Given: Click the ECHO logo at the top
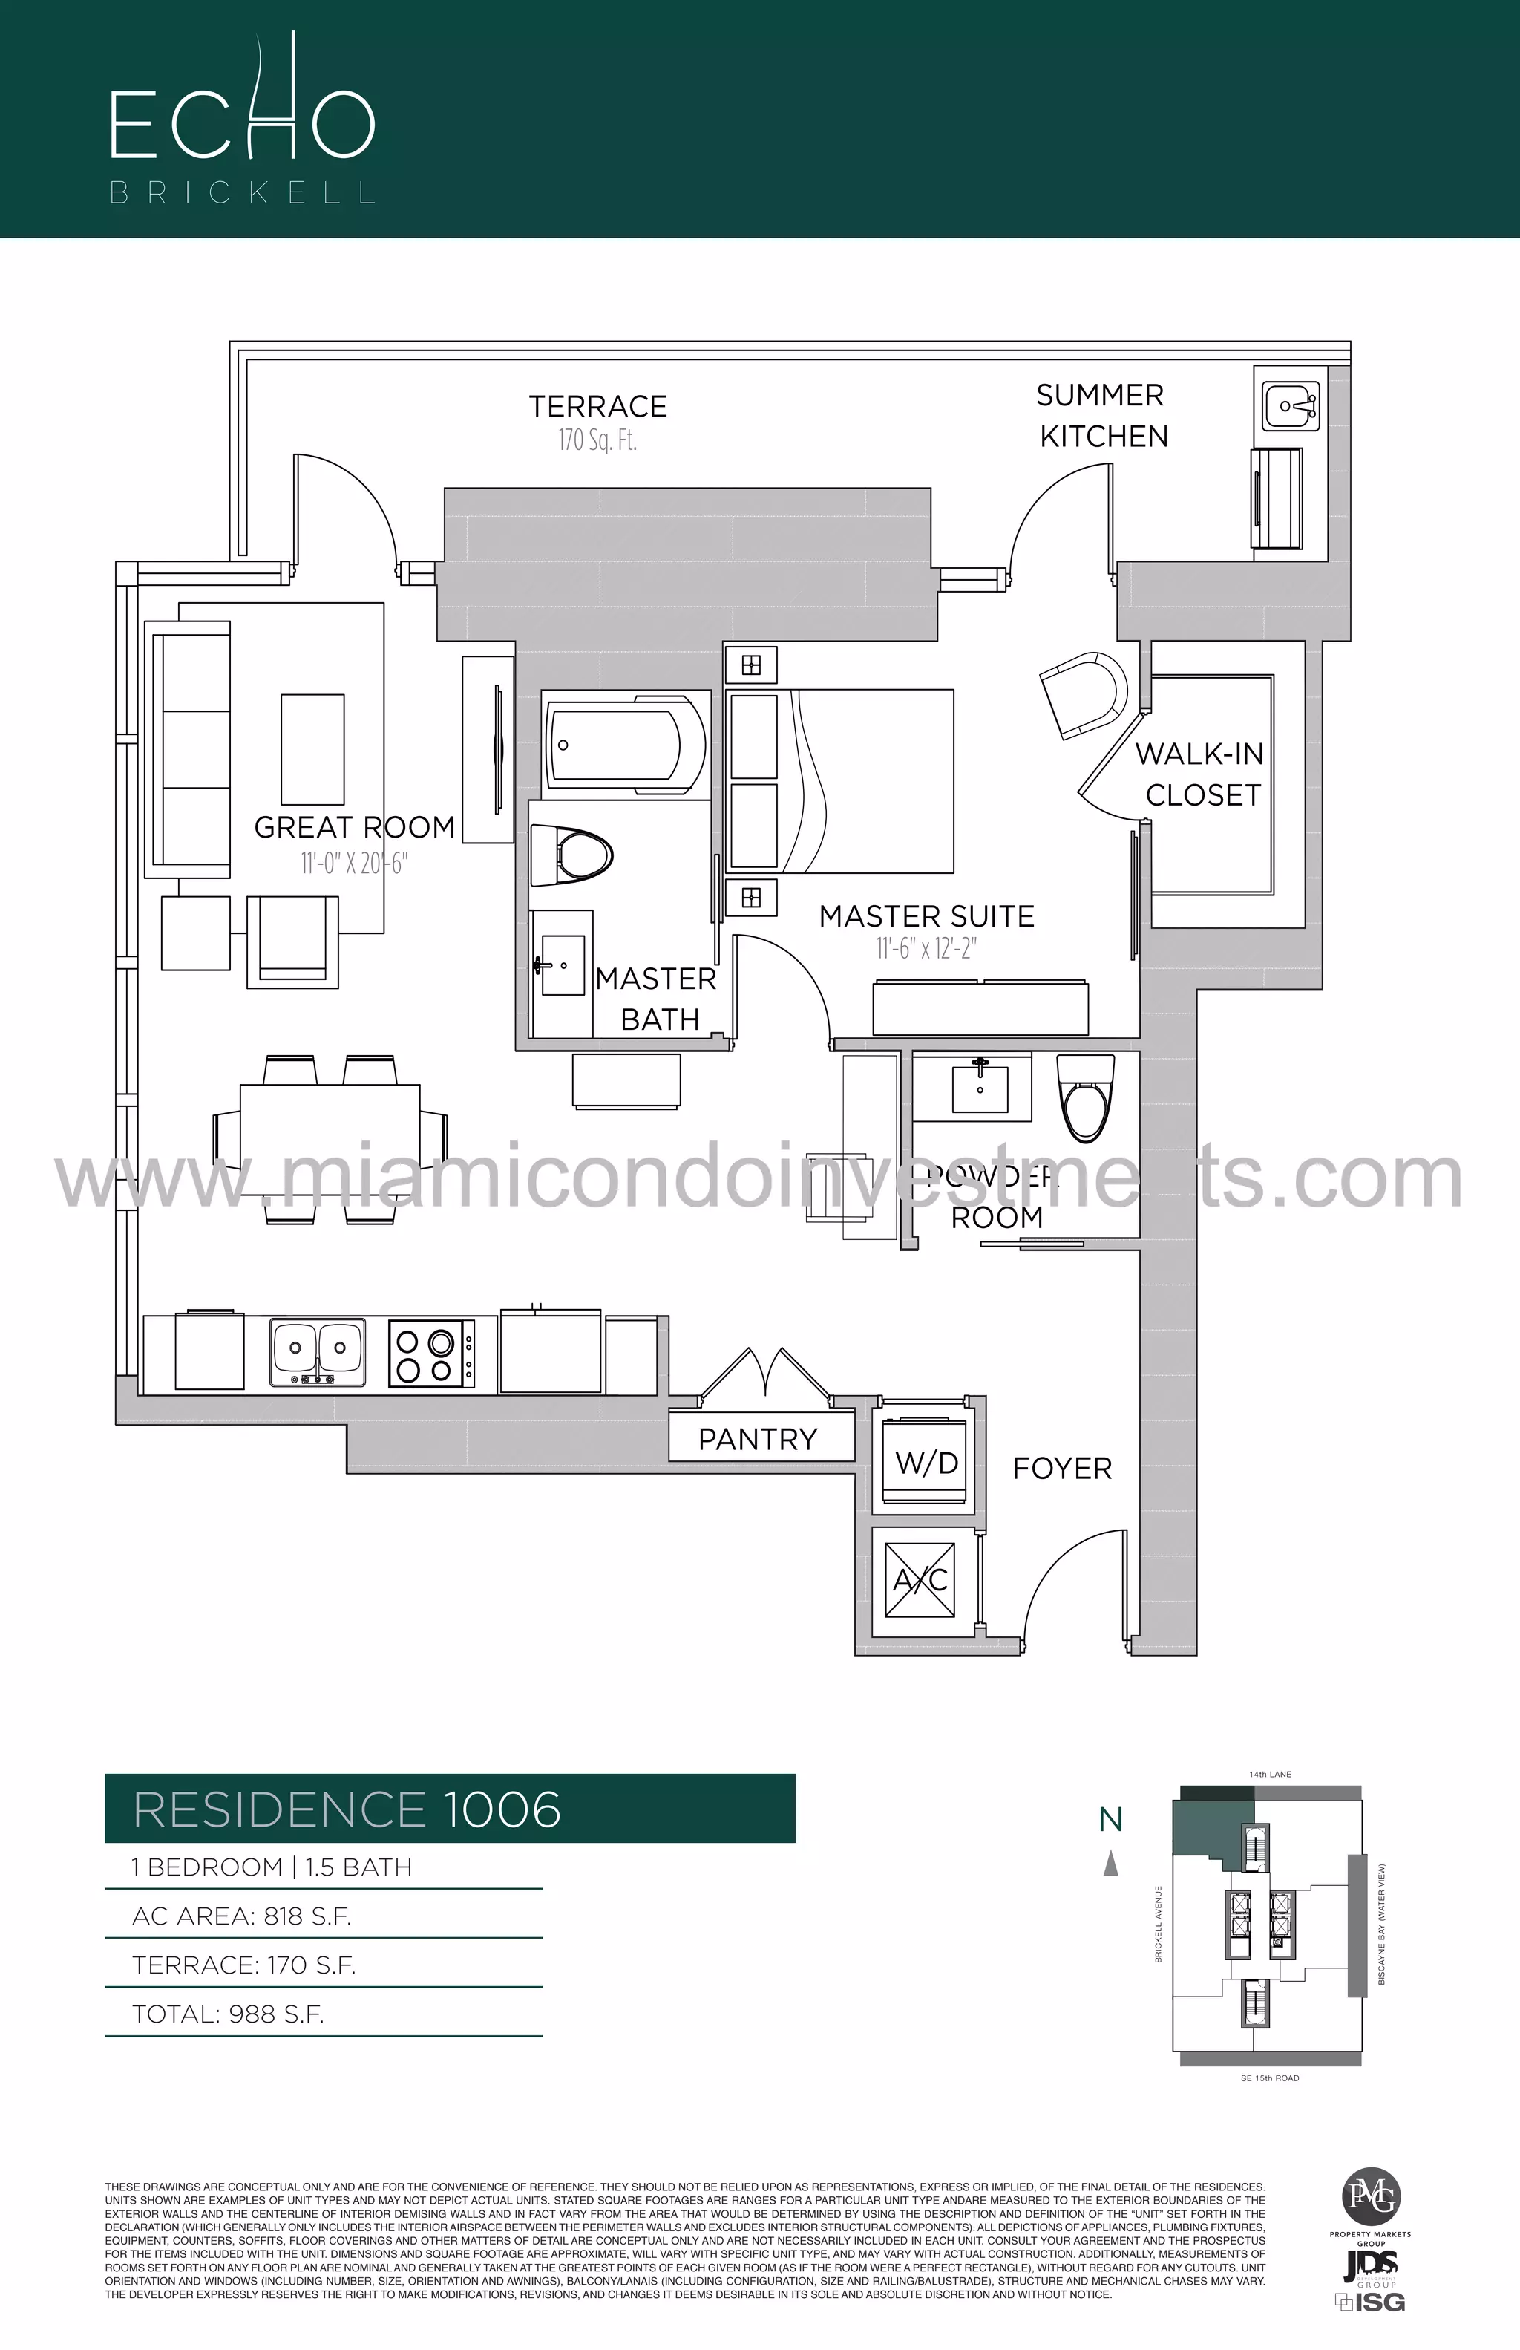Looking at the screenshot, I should pyautogui.click(x=242, y=119).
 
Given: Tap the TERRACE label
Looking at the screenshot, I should pyautogui.click(x=597, y=407).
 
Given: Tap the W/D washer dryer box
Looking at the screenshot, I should pyautogui.click(x=926, y=1461).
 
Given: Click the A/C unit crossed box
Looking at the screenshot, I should pyautogui.click(x=920, y=1580).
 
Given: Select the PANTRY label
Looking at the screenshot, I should pyautogui.click(x=758, y=1440).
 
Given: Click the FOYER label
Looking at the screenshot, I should pyautogui.click(x=1062, y=1468).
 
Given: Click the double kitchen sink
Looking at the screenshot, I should pyautogui.click(x=317, y=1353).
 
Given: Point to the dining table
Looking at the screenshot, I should pyautogui.click(x=330, y=1140).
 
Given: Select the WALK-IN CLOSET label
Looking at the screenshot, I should pyautogui.click(x=1201, y=774).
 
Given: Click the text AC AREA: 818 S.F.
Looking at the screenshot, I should pyautogui.click(x=242, y=1916).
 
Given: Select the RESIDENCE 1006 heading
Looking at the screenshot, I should pyautogui.click(x=347, y=1809).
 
